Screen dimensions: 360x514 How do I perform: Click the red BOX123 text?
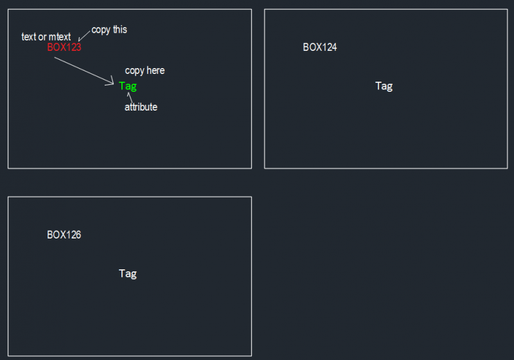click(64, 47)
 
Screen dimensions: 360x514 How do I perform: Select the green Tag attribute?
click(128, 86)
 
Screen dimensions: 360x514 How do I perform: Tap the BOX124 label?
click(320, 47)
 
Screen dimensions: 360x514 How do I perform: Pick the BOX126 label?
click(64, 235)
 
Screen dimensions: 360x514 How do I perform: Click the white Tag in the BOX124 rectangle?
click(384, 85)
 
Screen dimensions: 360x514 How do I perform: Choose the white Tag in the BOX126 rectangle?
click(128, 273)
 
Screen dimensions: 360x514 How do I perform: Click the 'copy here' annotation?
click(145, 71)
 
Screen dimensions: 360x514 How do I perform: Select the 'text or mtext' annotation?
click(46, 37)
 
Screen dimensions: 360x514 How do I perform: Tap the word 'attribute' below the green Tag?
click(141, 107)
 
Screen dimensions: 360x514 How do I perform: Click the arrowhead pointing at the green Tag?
click(112, 82)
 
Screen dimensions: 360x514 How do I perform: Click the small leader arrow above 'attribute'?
click(130, 97)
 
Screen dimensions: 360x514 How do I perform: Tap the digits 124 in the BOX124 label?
click(328, 47)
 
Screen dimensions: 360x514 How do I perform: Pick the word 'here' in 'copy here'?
click(155, 71)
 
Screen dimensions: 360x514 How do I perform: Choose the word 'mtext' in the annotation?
click(60, 37)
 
